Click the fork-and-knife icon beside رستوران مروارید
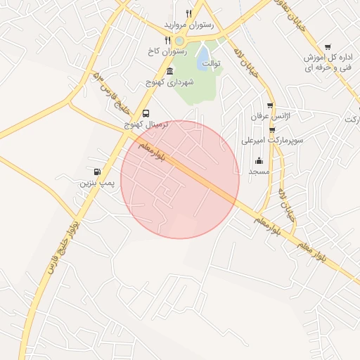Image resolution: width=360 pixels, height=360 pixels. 188,13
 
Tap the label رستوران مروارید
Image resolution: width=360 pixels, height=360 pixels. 188,25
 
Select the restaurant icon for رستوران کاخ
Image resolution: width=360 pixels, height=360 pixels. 167,40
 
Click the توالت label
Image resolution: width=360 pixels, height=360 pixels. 211,63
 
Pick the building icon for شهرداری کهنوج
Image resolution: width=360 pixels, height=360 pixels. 169,71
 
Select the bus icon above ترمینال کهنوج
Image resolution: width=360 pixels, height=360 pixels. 146,113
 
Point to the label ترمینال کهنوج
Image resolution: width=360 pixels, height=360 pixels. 146,124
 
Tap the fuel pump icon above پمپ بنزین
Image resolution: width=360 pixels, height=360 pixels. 96,172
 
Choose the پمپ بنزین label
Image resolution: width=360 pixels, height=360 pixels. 96,183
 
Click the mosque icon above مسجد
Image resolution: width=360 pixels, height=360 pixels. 259,160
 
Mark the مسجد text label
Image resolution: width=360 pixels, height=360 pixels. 259,172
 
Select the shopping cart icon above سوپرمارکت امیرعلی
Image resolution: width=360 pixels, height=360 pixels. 272,129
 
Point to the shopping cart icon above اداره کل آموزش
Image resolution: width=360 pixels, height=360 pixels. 328,46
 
